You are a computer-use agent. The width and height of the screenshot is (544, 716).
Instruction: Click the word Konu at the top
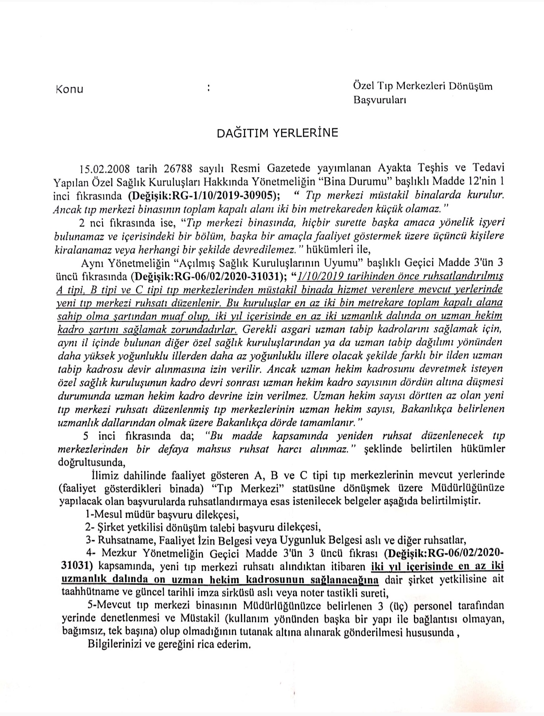point(69,89)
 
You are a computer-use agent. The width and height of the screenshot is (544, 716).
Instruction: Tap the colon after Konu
point(208,89)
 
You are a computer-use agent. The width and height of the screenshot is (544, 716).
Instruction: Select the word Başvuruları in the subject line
point(380,100)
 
